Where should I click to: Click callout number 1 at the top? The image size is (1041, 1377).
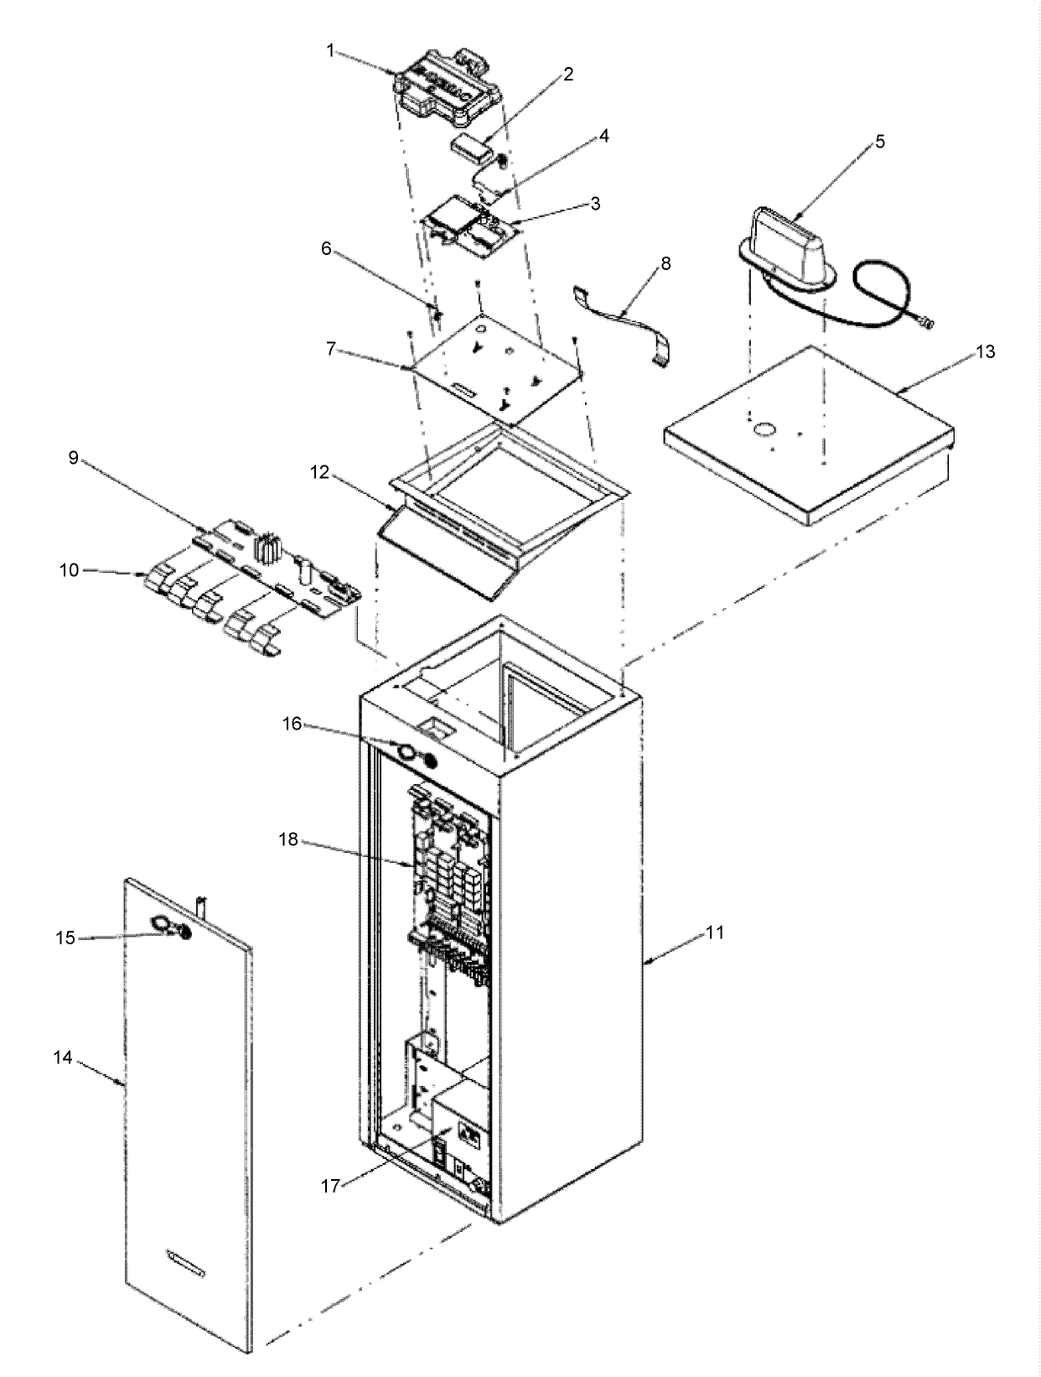330,51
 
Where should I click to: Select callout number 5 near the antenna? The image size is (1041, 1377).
879,141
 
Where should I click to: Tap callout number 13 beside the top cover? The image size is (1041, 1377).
986,351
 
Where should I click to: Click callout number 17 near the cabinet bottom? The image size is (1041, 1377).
331,1187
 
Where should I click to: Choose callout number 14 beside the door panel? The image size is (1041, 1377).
63,1057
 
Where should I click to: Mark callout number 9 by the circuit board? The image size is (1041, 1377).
73,458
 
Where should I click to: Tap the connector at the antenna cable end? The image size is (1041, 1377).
926,321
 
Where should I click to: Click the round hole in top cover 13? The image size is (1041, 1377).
764,429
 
